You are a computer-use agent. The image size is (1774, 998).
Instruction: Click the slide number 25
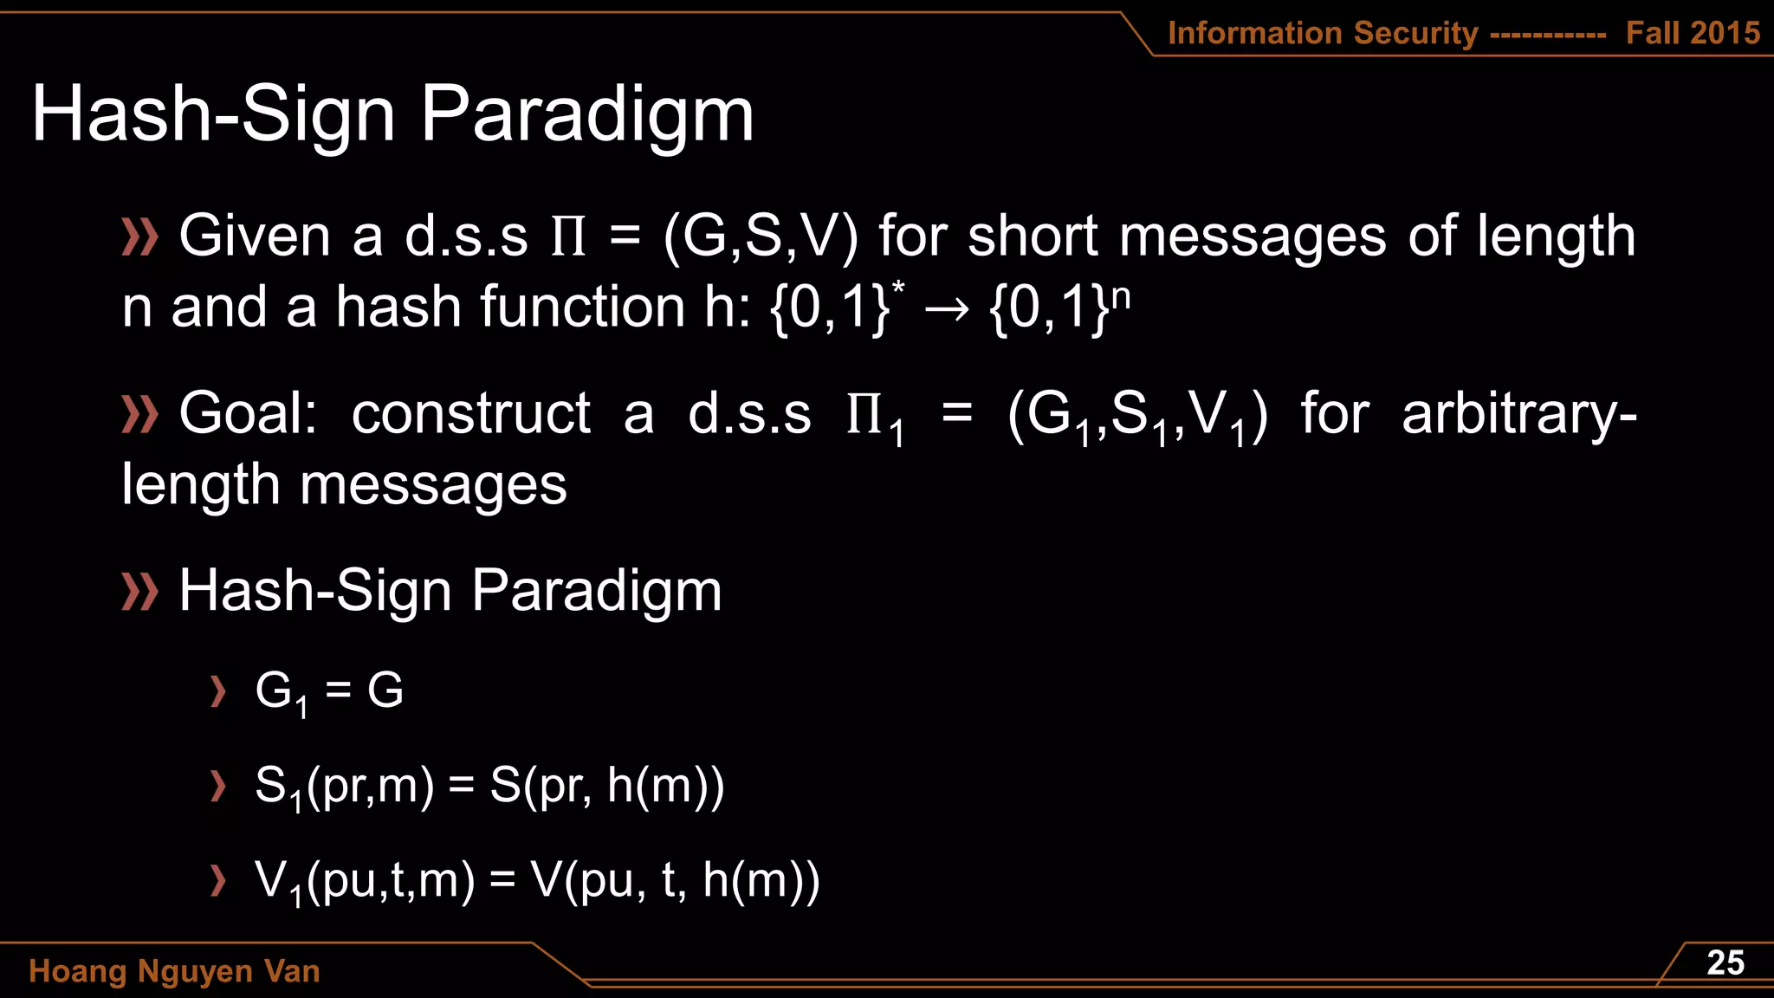[x=1725, y=962]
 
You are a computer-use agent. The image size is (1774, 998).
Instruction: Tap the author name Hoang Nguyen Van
[x=174, y=971]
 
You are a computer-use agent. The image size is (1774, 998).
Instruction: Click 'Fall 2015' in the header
[x=1693, y=33]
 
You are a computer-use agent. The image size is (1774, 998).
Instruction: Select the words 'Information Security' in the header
[x=1323, y=33]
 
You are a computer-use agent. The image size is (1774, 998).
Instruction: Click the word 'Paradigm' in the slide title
[x=587, y=115]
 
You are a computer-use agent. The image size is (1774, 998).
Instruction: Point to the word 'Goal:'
[x=248, y=413]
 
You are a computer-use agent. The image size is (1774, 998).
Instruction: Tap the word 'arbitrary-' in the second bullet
[x=1518, y=413]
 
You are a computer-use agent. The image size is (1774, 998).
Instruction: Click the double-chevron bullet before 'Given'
[x=139, y=237]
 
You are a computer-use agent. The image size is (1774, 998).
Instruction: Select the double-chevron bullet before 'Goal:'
[x=139, y=414]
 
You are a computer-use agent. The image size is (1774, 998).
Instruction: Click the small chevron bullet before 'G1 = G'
[x=218, y=691]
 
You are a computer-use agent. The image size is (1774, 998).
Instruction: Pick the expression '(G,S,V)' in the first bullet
[x=761, y=237]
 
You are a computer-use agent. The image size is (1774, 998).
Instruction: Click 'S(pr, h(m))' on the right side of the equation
[x=606, y=786]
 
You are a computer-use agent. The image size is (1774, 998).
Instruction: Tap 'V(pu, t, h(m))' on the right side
[x=675, y=880]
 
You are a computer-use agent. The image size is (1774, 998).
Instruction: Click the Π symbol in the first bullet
[x=569, y=237]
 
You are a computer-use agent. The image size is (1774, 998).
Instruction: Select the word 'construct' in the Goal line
[x=471, y=413]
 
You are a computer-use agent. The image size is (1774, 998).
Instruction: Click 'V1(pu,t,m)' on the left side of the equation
[x=365, y=880]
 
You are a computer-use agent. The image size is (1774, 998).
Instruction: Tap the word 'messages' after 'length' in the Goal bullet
[x=433, y=485]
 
